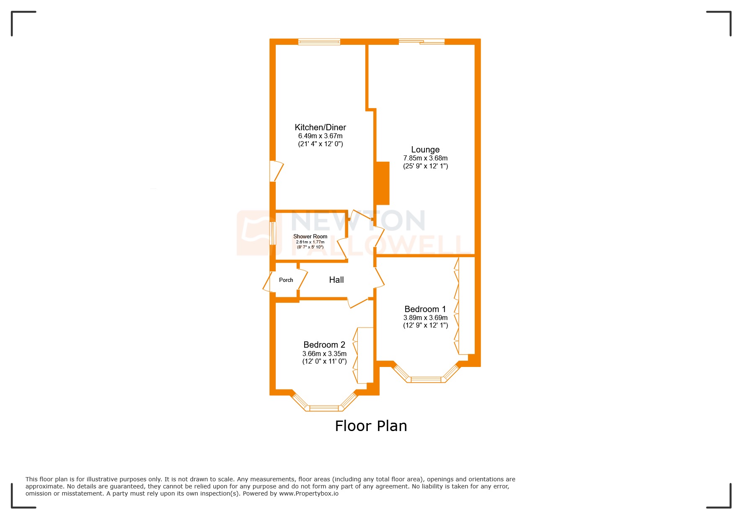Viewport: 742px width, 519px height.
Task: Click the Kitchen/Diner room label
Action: [x=320, y=127]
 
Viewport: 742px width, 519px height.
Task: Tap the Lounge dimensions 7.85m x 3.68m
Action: [x=425, y=158]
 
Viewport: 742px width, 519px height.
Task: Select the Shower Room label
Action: [x=310, y=236]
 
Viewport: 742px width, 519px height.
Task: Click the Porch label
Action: [x=286, y=280]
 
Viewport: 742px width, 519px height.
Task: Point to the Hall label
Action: [x=336, y=280]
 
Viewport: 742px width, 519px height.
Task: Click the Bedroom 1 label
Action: [x=425, y=309]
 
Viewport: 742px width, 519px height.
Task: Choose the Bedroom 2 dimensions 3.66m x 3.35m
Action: [x=324, y=354]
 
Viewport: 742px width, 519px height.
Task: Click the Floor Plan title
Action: [x=371, y=426]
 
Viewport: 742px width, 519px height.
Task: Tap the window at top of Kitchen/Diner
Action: [x=319, y=41]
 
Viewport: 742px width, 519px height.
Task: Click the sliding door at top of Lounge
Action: [x=421, y=41]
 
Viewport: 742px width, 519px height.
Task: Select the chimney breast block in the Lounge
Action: [x=383, y=183]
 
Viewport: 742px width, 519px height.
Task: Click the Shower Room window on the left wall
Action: [x=273, y=233]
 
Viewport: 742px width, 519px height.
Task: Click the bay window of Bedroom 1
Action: [x=426, y=379]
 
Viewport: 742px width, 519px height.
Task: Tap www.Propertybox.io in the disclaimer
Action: [x=309, y=493]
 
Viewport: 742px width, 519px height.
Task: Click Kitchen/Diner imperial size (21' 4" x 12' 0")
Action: [x=320, y=144]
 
